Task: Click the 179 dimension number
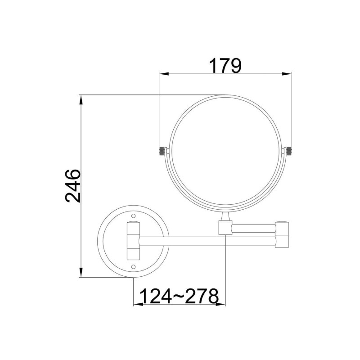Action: [225, 66]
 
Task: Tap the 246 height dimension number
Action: [73, 186]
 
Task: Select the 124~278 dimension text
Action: [179, 296]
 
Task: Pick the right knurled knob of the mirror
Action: [289, 151]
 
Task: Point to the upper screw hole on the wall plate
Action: [133, 216]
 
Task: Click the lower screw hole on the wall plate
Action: [133, 266]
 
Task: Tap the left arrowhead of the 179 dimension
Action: [164, 74]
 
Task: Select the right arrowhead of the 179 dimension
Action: [287, 74]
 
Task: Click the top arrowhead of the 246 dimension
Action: [81, 99]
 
